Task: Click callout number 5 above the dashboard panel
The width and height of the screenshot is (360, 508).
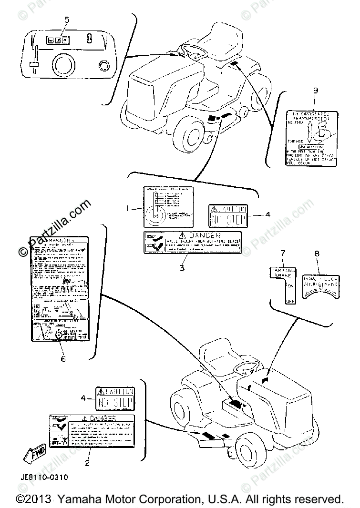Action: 67,20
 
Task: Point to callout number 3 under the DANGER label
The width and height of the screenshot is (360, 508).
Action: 182,268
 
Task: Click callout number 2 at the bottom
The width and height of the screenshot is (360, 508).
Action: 87,462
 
